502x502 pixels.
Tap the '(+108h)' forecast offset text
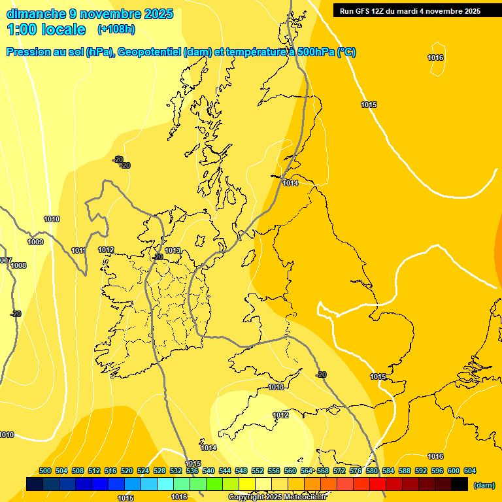(116, 29)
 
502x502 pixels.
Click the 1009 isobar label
(35, 243)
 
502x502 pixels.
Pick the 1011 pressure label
(78, 250)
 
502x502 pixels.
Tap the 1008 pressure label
(18, 265)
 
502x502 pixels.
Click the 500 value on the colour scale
(45, 471)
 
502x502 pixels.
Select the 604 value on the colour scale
(470, 471)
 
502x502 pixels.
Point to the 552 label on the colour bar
(258, 471)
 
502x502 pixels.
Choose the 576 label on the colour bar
(356, 471)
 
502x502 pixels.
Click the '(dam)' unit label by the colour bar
(484, 485)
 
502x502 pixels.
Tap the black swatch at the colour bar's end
(460, 484)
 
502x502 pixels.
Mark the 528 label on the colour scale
(159, 471)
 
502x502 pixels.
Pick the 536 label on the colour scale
(192, 471)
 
